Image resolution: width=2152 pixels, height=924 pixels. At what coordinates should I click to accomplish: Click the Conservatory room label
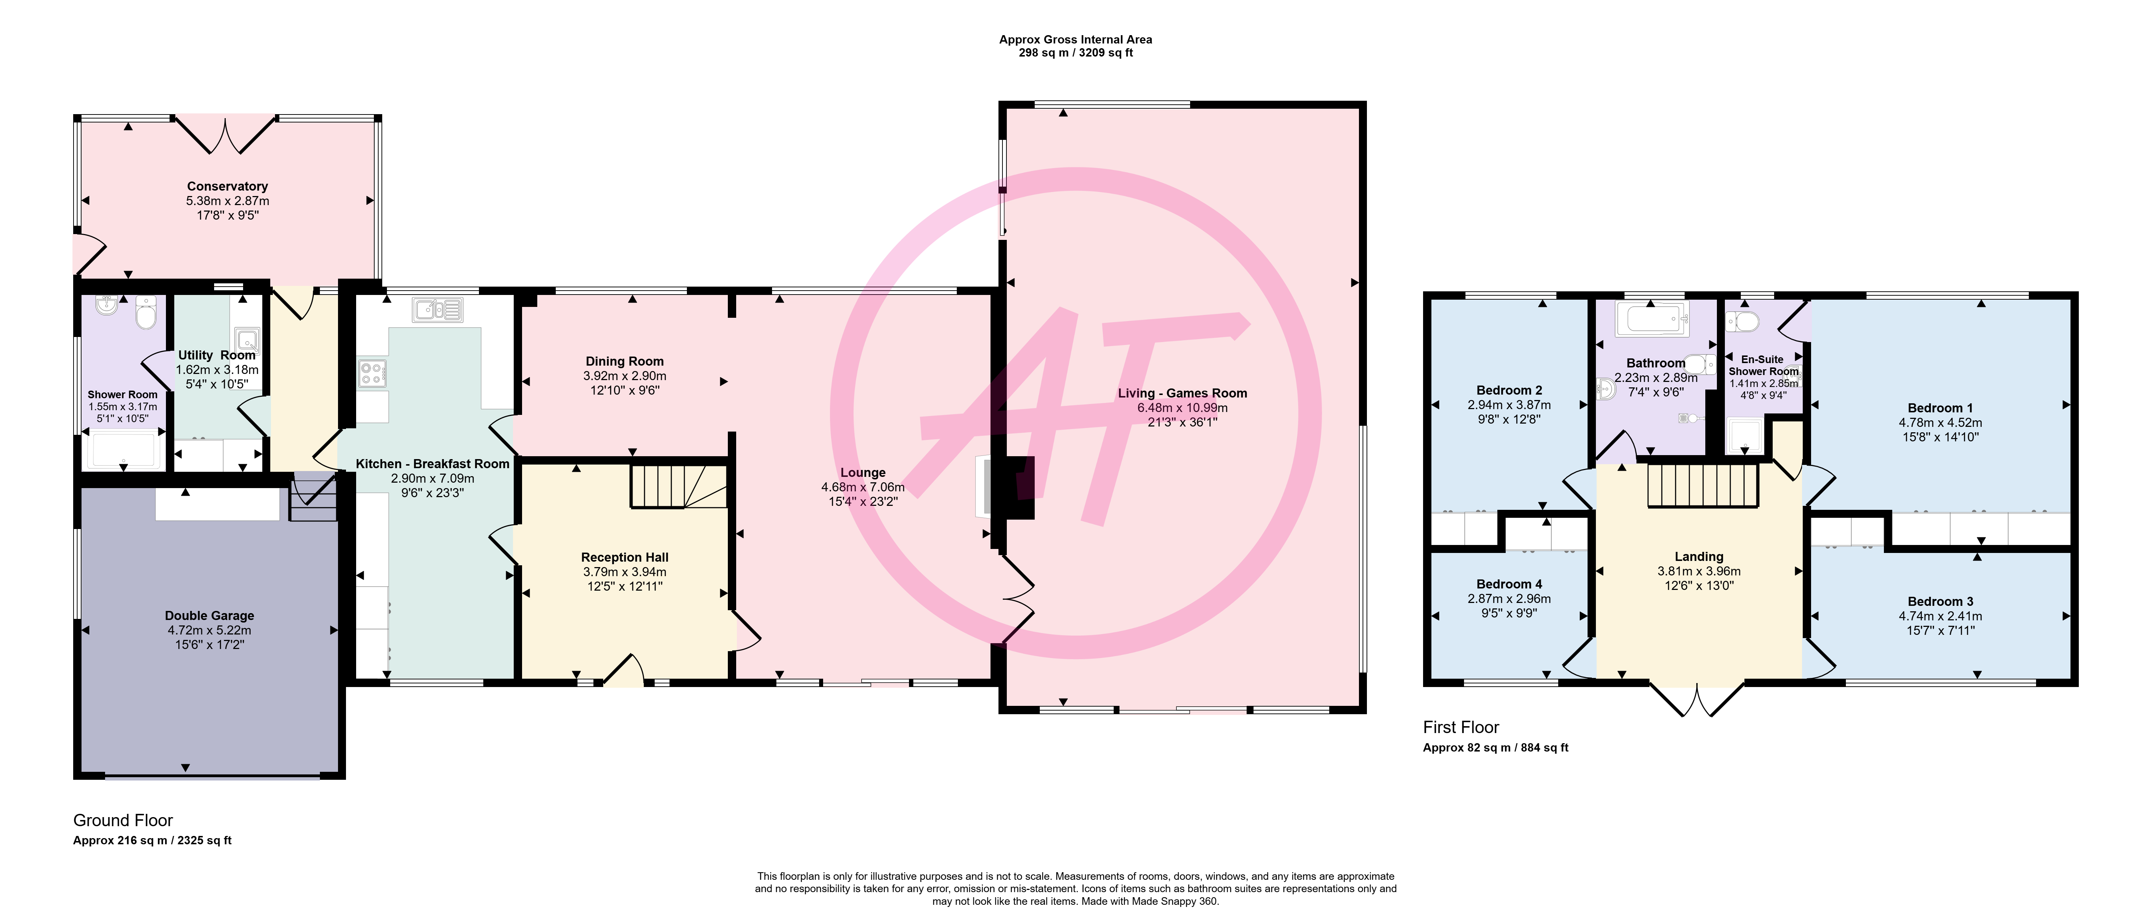click(x=227, y=186)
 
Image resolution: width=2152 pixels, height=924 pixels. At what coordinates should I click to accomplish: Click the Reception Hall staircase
click(x=678, y=486)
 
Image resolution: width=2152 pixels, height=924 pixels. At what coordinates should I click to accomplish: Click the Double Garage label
click(x=210, y=616)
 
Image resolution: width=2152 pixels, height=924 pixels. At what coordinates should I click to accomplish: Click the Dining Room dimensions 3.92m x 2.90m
click(x=625, y=376)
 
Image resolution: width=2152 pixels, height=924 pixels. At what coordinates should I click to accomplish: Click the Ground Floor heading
click(x=123, y=820)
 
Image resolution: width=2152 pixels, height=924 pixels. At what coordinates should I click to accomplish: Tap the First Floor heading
click(x=1461, y=728)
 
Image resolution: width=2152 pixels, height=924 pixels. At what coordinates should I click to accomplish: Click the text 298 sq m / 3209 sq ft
click(x=1075, y=53)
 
